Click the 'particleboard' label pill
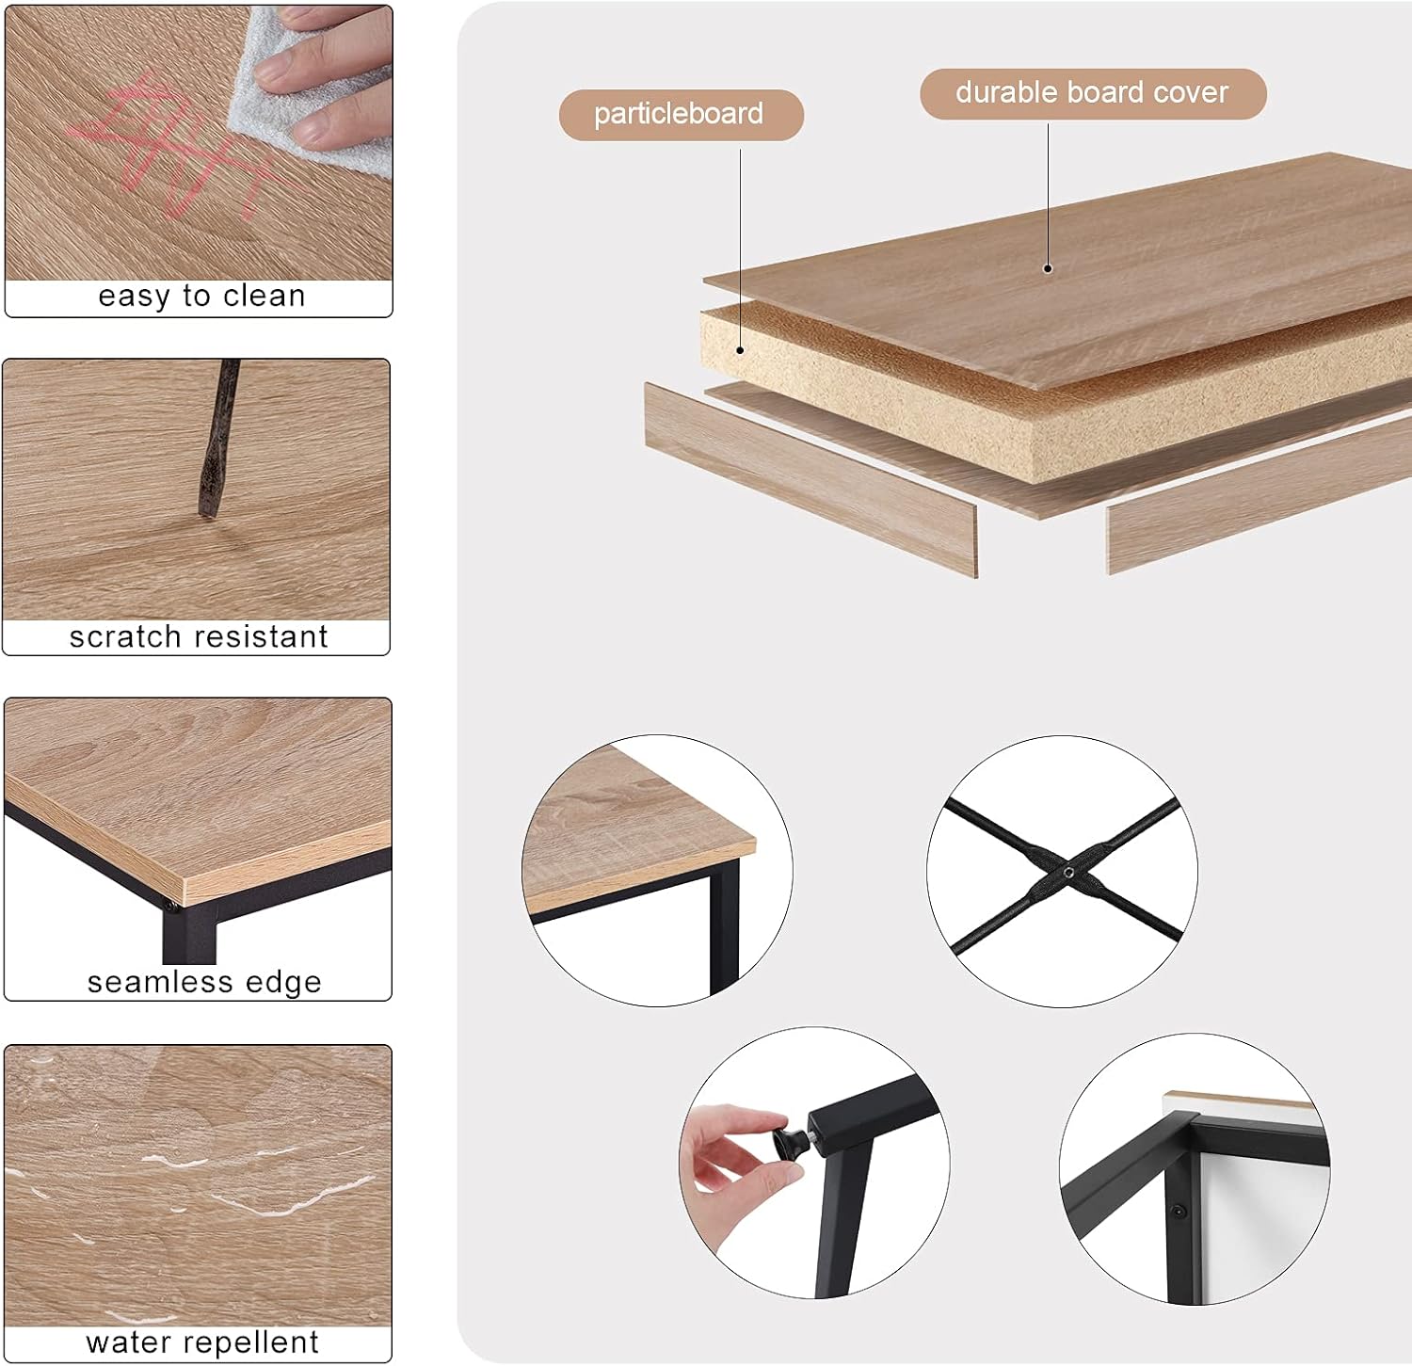pos(682,115)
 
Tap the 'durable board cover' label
pos(1093,93)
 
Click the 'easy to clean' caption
pos(201,297)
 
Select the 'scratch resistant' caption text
pos(199,637)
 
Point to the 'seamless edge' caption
pos(204,983)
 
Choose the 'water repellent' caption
pos(202,1342)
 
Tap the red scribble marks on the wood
pos(179,146)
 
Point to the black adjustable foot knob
pos(790,1141)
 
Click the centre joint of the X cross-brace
pos(1068,873)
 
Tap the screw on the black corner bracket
pos(1177,1211)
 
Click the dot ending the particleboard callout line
pos(741,350)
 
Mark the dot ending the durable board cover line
pos(1049,268)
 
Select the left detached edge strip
pos(810,479)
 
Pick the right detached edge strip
pos(1260,495)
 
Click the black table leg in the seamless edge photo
pos(188,932)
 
